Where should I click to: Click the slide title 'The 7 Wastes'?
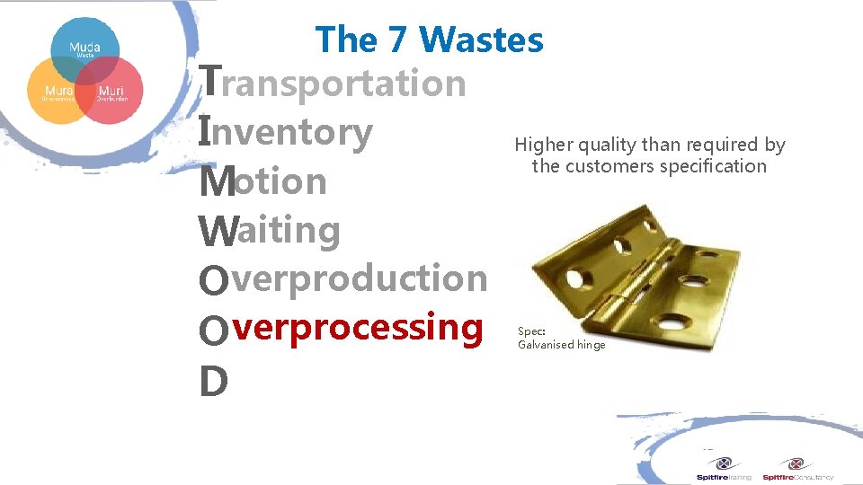click(x=429, y=40)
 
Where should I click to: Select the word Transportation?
click(x=333, y=84)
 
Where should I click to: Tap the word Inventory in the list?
click(x=285, y=132)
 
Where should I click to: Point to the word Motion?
click(x=262, y=181)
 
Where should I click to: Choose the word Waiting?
click(x=269, y=231)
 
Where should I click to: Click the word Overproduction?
click(x=343, y=278)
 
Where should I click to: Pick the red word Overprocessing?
click(x=341, y=327)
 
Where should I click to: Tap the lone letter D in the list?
click(x=213, y=382)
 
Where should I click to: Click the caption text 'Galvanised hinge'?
click(x=562, y=345)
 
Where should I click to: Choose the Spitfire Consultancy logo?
click(x=797, y=469)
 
